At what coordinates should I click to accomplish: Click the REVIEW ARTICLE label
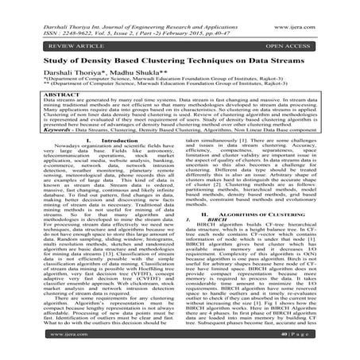[55, 47]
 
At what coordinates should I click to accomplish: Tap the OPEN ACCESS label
[307, 47]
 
